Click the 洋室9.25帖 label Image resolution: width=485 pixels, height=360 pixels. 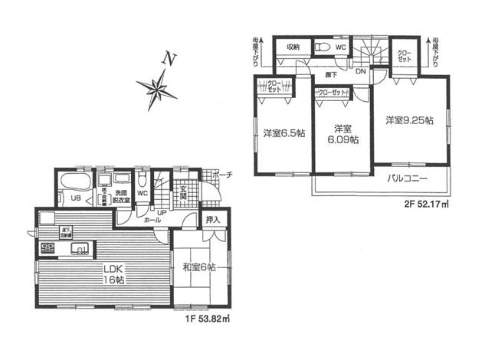coord(409,120)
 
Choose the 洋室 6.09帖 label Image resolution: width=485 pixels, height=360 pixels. coord(342,134)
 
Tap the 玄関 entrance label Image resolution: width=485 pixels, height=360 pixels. coord(184,195)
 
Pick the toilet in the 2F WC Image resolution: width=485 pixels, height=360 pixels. coord(324,47)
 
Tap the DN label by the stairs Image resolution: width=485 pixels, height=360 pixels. coord(360,71)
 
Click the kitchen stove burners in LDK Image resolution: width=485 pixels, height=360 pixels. coord(48,247)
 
